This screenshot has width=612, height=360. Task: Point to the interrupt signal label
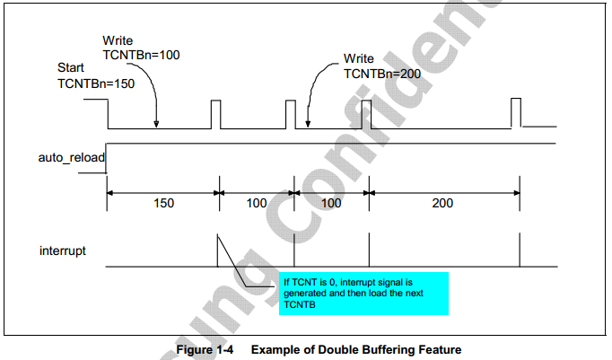[x=63, y=250]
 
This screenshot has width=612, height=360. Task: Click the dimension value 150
[x=164, y=203]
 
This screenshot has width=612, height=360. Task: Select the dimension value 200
[x=442, y=203]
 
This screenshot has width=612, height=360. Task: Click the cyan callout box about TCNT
[x=363, y=293]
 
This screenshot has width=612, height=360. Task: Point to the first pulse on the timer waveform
[x=214, y=114]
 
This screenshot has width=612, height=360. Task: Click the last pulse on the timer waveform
[x=516, y=113]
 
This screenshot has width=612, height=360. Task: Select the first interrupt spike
[x=218, y=251]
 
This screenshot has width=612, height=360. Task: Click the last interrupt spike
[x=520, y=251]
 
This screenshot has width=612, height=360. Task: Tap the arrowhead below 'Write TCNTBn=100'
[x=158, y=124]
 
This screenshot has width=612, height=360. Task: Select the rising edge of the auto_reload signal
[x=107, y=153]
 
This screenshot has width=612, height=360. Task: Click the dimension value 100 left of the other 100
[x=257, y=203]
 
